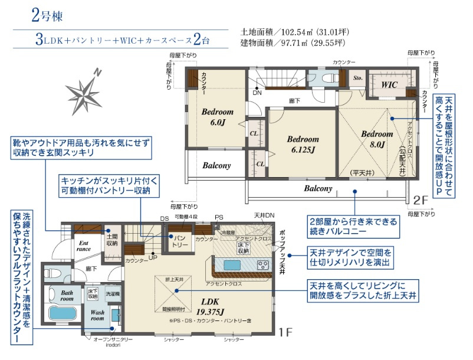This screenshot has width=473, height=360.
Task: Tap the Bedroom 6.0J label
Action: [218, 117]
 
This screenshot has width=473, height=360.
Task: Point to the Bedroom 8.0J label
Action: [373, 139]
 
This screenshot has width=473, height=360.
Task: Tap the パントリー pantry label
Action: [180, 240]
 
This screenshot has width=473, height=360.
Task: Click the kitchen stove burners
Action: [262, 264]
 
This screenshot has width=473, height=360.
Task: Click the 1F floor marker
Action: [285, 332]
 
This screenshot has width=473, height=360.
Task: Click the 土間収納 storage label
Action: [111, 239]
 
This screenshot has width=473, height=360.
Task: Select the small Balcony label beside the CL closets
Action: [216, 166]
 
